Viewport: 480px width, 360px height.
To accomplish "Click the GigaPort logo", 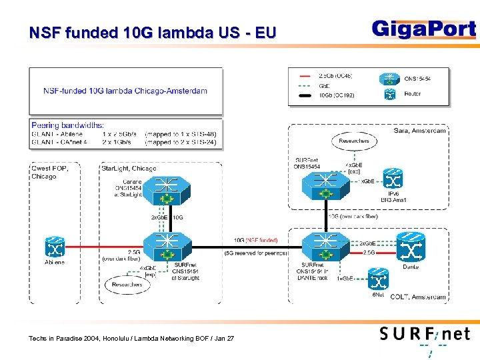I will tap(423, 30).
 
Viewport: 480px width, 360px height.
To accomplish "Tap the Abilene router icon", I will tap(55, 247).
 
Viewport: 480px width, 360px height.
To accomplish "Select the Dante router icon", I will tap(411, 247).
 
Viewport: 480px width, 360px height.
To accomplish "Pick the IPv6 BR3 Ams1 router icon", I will tap(393, 179).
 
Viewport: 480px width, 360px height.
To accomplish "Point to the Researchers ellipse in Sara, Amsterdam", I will tap(353, 141).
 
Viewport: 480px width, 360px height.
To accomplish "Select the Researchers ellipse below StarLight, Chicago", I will tap(127, 285).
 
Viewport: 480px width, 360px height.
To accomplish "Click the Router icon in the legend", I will tap(389, 95).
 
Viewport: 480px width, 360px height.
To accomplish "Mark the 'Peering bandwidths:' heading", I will tap(67, 125).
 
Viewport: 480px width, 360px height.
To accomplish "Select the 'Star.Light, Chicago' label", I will tap(129, 168).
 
